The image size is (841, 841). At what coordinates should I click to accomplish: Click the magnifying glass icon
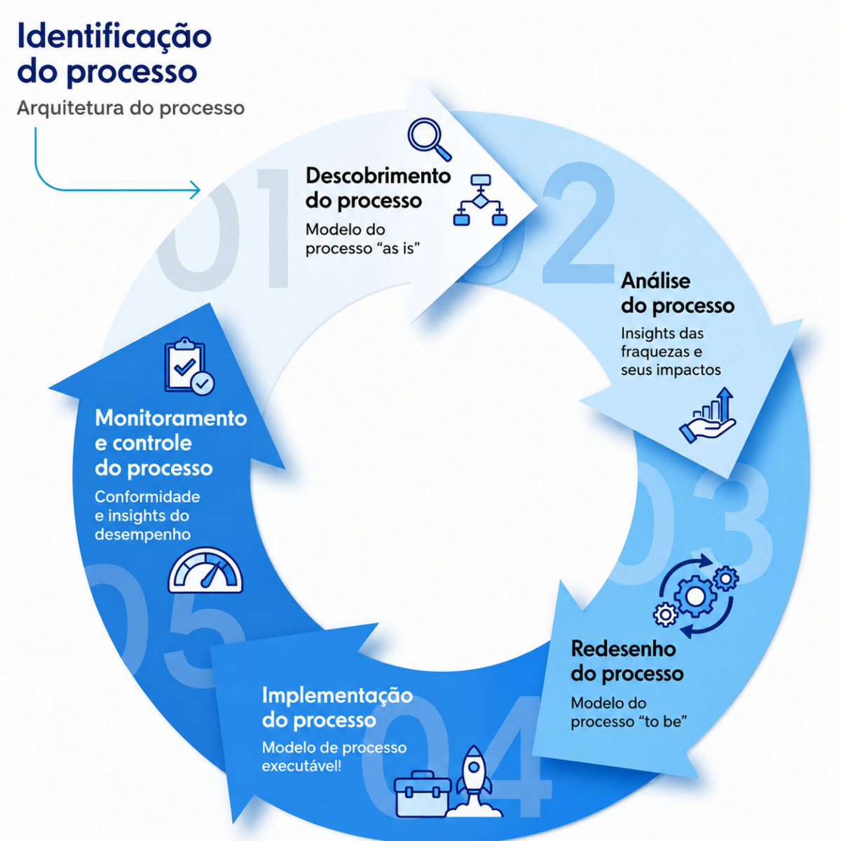tap(430, 139)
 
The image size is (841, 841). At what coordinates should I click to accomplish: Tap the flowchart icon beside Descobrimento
tap(480, 200)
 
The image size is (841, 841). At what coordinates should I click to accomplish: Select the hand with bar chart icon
tap(708, 416)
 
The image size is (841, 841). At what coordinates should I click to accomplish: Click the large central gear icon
tap(695, 596)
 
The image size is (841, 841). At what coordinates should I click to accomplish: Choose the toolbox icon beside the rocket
tap(422, 794)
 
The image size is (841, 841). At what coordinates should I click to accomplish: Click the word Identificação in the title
tap(114, 36)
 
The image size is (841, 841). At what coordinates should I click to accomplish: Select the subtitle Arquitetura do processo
tap(130, 108)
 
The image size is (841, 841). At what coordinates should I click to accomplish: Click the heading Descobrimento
tap(378, 176)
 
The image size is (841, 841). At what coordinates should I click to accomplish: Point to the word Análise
tap(655, 280)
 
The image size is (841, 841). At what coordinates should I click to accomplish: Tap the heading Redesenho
tap(623, 649)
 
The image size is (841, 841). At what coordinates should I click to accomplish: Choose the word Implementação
tap(337, 696)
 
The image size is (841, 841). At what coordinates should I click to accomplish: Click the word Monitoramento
tap(171, 418)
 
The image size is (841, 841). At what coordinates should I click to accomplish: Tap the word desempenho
tap(143, 535)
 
